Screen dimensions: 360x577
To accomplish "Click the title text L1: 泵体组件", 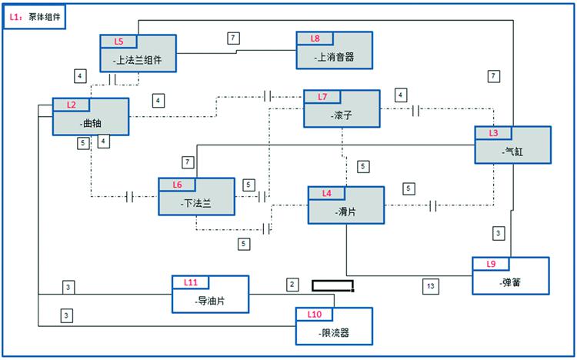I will (x=34, y=15).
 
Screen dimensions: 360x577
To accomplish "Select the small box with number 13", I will (x=430, y=286).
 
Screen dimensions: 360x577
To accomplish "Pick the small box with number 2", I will (x=292, y=285).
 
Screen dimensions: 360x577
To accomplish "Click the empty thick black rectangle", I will (x=333, y=286).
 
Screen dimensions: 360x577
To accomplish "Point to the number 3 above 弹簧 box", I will (x=499, y=232).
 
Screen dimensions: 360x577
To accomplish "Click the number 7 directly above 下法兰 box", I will (x=187, y=162).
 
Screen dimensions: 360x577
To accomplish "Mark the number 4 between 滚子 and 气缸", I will (x=400, y=95).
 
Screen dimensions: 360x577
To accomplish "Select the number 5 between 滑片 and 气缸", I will (x=409, y=188).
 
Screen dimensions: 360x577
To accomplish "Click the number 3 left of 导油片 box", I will (x=68, y=287).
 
